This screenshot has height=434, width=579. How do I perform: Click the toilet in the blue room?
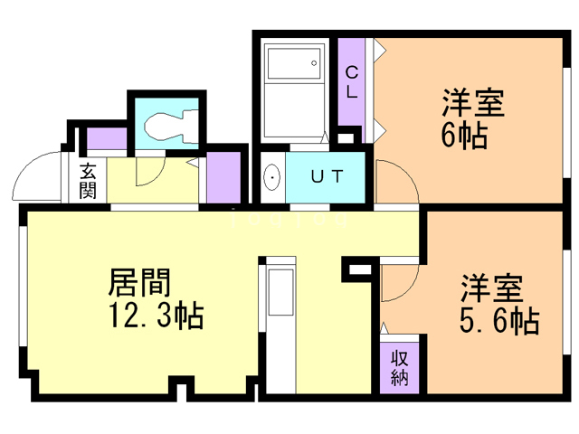171,127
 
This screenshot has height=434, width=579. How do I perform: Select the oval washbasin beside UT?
272,177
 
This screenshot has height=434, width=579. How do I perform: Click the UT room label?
327,176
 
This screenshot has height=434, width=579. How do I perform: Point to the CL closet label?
352,82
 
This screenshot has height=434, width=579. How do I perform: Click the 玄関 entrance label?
88,181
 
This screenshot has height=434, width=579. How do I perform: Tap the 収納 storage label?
400,368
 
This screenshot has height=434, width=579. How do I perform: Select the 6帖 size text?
464,136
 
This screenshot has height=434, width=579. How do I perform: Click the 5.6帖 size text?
498,321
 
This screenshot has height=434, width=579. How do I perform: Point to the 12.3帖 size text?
156,316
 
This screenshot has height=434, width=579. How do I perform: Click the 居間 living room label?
139,282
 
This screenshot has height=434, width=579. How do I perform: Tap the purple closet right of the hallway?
223,177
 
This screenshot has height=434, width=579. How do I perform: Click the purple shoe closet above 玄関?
107,138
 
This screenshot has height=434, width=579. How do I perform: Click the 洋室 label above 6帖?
473,103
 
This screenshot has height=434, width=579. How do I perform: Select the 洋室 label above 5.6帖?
491,288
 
